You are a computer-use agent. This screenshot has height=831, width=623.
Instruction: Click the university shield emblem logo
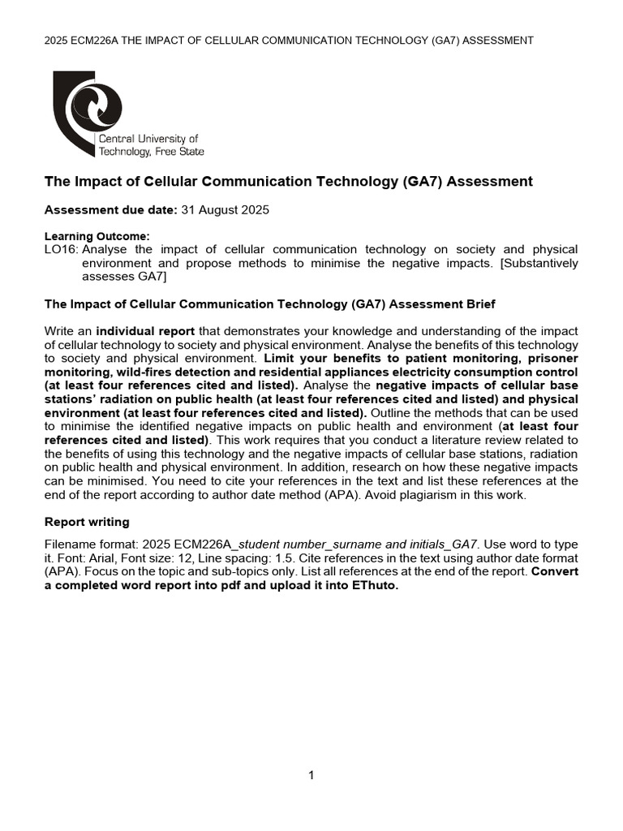coord(88,112)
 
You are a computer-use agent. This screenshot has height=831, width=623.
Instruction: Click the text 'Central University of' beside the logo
coord(148,139)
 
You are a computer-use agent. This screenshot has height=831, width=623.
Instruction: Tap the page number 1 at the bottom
coord(311,775)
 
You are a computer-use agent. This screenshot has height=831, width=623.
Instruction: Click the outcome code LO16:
coord(61,249)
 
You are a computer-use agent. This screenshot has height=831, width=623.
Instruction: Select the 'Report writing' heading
coord(86,522)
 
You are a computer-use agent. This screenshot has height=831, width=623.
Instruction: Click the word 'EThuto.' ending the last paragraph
coord(373,588)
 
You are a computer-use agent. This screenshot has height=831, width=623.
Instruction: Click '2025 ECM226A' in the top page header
coord(84,40)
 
